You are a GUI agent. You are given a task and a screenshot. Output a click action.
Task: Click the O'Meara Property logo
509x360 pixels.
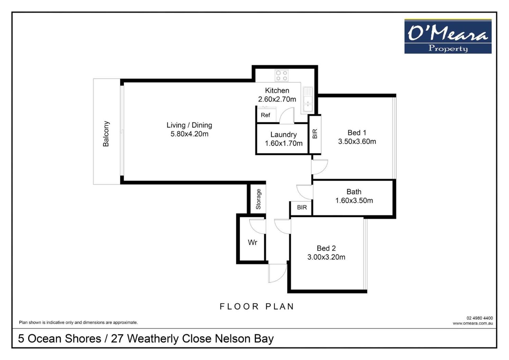[448, 36]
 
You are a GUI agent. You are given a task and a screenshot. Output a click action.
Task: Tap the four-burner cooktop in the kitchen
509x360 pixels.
[282, 75]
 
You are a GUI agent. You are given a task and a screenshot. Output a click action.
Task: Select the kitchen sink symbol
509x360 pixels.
[308, 100]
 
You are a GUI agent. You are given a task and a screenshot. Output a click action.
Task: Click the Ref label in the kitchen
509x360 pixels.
[265, 115]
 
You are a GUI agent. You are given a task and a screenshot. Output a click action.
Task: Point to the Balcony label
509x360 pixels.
[106, 134]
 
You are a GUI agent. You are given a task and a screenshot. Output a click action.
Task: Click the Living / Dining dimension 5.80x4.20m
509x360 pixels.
[189, 134]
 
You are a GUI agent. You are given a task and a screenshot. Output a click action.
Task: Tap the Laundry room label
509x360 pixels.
[283, 135]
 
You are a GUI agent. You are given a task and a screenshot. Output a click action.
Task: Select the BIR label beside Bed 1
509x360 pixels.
[315, 134]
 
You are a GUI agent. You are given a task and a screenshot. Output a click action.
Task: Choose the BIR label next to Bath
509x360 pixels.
[302, 207]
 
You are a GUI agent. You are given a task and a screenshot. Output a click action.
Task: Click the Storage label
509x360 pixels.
[258, 199]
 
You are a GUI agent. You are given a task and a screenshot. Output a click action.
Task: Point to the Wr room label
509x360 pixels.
[252, 242]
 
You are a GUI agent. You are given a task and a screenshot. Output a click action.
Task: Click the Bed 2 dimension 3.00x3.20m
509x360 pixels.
[326, 257]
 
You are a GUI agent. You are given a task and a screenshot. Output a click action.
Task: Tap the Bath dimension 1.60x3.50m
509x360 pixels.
[354, 200]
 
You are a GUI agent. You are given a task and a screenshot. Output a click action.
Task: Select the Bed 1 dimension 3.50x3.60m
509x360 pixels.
[357, 141]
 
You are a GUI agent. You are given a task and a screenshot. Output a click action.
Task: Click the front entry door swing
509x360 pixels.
[277, 273]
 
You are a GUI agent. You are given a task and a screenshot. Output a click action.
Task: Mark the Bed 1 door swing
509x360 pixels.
[320, 167]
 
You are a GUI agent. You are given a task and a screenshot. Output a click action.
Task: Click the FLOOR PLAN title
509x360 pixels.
[257, 306]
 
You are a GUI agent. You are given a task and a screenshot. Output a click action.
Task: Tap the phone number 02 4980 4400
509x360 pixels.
[480, 318]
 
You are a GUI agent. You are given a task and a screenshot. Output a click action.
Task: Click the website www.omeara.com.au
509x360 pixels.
[473, 323]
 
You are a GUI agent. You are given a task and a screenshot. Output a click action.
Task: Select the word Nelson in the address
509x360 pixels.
[232, 339]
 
